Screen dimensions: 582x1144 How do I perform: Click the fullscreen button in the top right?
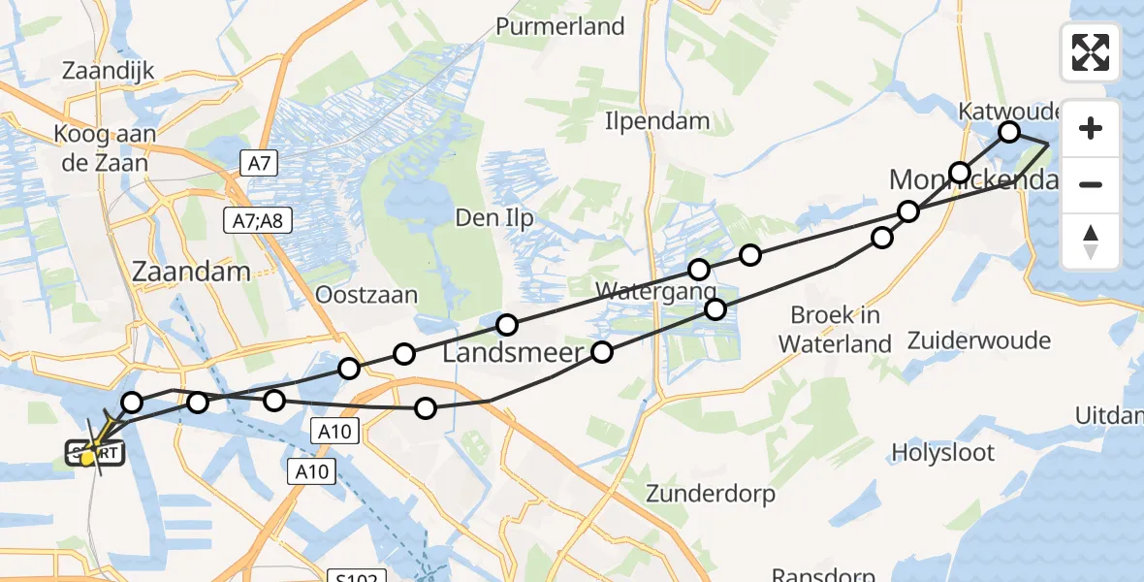point(1091,52)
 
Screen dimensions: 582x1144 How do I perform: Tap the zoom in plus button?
point(1091,129)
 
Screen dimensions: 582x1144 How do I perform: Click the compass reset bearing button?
point(1091,242)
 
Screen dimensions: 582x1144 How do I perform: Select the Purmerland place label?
point(560,26)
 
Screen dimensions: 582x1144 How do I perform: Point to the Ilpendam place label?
point(657,121)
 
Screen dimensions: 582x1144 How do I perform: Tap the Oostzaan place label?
point(368,295)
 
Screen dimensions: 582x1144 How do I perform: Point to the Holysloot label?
point(943,451)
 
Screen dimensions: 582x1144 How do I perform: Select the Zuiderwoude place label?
point(979,340)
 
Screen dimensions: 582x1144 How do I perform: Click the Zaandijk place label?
point(108,72)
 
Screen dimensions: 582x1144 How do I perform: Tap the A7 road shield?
point(259,163)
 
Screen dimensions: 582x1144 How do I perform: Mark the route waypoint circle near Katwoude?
point(1009,131)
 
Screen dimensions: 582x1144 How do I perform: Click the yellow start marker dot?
point(88,457)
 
